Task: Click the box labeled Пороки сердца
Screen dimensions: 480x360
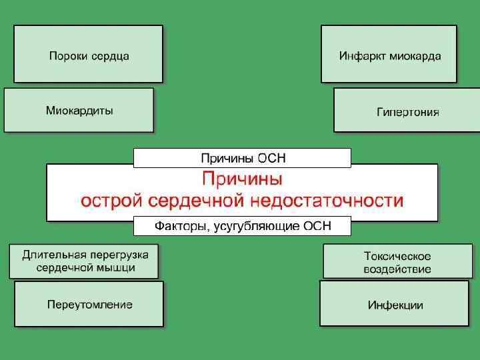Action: pyautogui.click(x=88, y=54)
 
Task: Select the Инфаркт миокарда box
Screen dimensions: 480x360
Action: pyautogui.click(x=389, y=54)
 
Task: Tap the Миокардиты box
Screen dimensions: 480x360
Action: pyautogui.click(x=79, y=110)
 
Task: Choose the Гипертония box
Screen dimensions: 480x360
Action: pyautogui.click(x=407, y=111)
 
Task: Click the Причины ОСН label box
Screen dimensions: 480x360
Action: pyautogui.click(x=242, y=158)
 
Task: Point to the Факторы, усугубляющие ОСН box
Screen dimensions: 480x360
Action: pyautogui.click(x=242, y=226)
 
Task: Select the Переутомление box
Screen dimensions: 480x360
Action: pyautogui.click(x=89, y=304)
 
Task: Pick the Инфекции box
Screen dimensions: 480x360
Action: pyautogui.click(x=395, y=304)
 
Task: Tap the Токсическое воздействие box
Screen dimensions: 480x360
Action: pyautogui.click(x=397, y=261)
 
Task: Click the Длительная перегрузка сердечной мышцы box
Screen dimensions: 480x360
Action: pyautogui.click(x=83, y=261)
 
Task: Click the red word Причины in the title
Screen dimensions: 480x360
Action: pyautogui.click(x=242, y=179)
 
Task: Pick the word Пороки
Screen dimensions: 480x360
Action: pyautogui.click(x=66, y=55)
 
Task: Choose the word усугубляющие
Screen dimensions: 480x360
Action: pyautogui.click(x=257, y=227)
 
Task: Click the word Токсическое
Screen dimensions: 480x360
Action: pyautogui.click(x=397, y=255)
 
